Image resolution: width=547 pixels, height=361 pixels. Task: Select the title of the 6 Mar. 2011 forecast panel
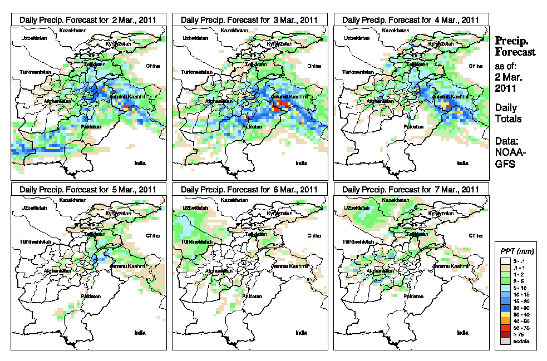coord(249,189)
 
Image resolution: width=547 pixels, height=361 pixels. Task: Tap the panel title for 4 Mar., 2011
coord(411,19)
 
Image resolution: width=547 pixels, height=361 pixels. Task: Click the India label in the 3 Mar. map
coord(301,163)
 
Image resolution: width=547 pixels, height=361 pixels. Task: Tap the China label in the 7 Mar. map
coord(475,236)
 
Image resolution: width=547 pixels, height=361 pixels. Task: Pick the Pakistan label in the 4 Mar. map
coord(413,127)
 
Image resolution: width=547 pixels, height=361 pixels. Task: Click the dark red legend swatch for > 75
coord(505,334)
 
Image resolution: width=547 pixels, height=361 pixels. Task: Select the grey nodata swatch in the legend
coord(505,341)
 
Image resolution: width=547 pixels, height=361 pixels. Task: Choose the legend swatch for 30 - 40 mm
coord(505,314)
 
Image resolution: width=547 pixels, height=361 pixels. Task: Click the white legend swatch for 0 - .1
coord(505,261)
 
